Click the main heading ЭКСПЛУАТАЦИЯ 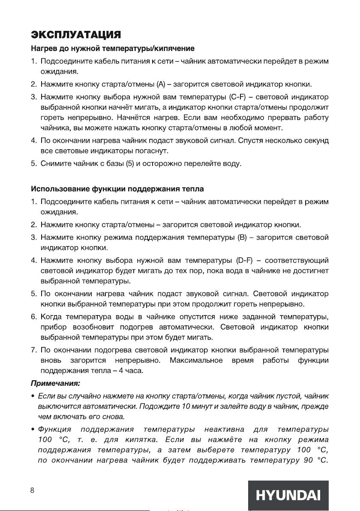[76, 34]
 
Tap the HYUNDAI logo [288, 496]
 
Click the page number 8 [32, 491]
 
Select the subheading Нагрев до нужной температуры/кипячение [113, 48]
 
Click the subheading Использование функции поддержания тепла [117, 189]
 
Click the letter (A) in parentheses [161, 83]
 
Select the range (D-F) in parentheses [246, 260]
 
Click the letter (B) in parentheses [243, 237]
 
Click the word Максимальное [196, 360]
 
